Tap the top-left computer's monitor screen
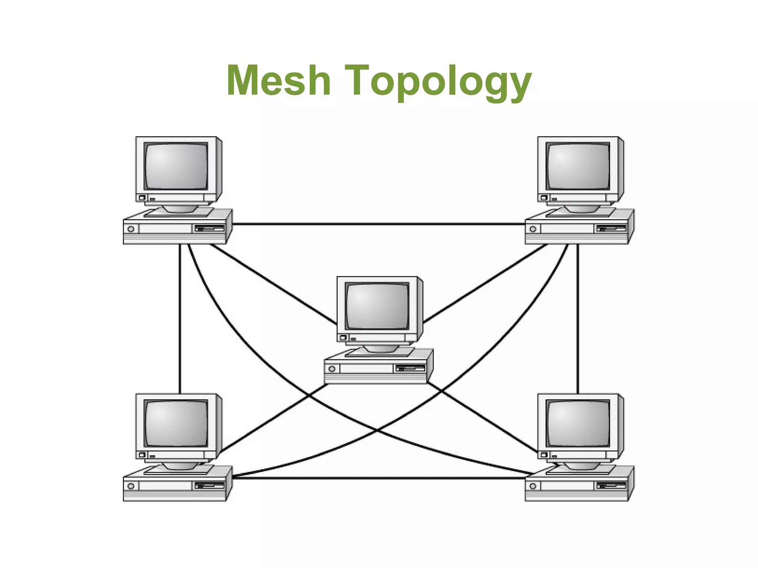coord(176,166)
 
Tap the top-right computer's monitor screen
coord(578,166)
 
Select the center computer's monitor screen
coord(377,306)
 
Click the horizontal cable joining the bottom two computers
coord(378,478)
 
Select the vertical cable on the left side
coord(180,318)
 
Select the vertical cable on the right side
coord(578,318)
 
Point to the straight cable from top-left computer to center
coord(274,284)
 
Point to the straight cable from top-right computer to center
coord(485,284)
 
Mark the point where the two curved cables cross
coord(376,430)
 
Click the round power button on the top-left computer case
coord(131,229)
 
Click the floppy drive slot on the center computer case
coord(410,368)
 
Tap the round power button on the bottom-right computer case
coord(533,486)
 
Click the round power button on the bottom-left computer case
coord(131,486)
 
